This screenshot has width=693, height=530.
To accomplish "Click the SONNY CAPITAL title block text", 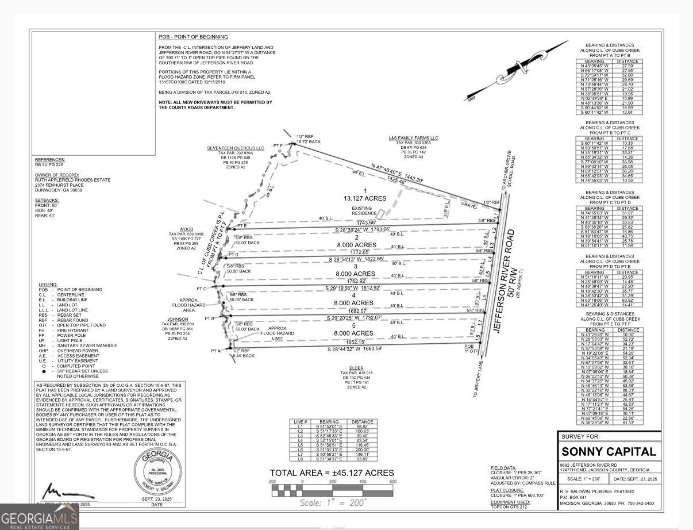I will [609, 451].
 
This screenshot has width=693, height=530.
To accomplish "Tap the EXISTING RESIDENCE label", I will [362, 211].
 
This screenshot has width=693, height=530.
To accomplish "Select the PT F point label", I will [278, 145].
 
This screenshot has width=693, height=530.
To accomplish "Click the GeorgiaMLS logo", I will [39, 516].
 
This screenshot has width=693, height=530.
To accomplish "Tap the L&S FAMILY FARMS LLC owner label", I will [413, 138].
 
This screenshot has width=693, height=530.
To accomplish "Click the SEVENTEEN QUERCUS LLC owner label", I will [236, 148].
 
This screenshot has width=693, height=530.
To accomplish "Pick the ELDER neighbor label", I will [356, 368].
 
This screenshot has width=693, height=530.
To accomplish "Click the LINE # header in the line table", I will [299, 421].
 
